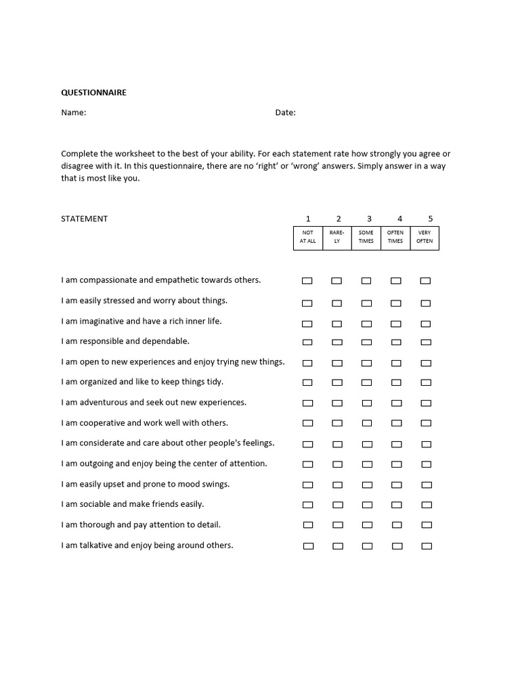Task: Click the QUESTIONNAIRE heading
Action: (x=93, y=93)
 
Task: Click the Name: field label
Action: (x=73, y=112)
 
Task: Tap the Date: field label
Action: (x=285, y=112)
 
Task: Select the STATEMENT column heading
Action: (x=84, y=219)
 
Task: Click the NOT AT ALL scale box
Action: (x=307, y=237)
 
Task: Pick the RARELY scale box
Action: (x=337, y=237)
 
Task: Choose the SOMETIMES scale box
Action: (x=366, y=237)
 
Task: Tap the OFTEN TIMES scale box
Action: (x=395, y=237)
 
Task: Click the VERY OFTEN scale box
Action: (x=425, y=237)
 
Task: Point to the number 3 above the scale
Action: (x=369, y=219)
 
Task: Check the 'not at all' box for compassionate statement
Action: (x=307, y=281)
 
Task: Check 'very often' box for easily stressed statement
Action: (x=425, y=303)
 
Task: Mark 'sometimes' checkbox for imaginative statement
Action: (x=366, y=323)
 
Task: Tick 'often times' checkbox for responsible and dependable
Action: (x=396, y=342)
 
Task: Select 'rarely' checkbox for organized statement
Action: (x=337, y=383)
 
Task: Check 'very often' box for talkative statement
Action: (x=427, y=546)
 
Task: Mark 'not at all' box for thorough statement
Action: (x=308, y=525)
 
